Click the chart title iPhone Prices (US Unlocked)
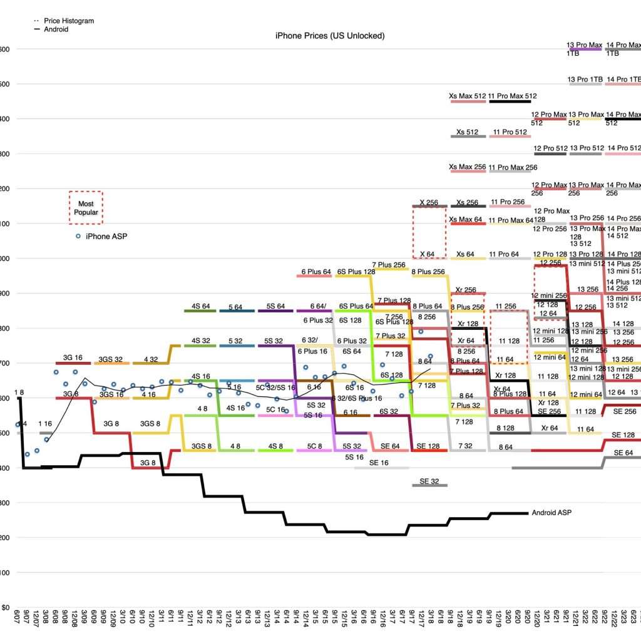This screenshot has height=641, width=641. (330, 36)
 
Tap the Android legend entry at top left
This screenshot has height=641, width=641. (56, 29)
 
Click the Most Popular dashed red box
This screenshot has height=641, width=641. (86, 208)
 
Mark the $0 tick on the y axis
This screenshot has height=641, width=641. (4, 607)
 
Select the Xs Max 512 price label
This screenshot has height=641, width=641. (468, 96)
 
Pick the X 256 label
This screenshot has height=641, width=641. (429, 202)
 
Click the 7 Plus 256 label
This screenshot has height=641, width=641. (390, 265)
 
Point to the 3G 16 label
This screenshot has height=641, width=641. (73, 358)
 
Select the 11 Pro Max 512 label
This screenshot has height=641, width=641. (513, 96)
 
